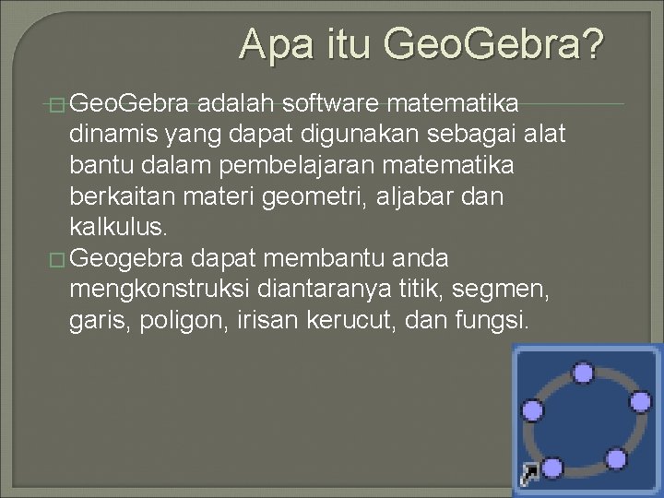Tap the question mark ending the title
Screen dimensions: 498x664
(592, 43)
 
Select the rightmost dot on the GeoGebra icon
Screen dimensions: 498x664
(640, 401)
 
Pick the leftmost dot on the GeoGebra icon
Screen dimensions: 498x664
(532, 410)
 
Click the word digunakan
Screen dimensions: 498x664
(358, 136)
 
